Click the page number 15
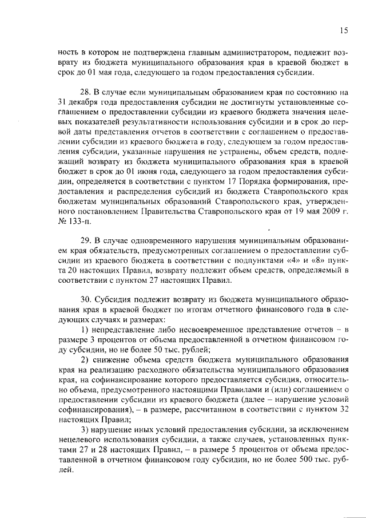pos(343,30)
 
